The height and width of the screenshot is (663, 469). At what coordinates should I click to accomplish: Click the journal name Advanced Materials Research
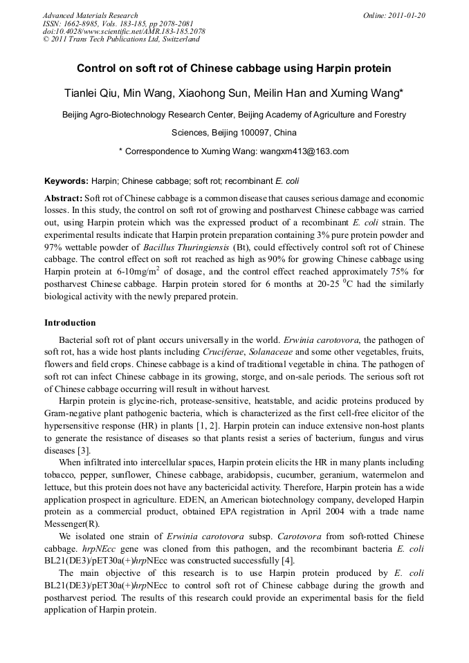coord(90,15)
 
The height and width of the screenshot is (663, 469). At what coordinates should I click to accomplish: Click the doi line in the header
coord(124,31)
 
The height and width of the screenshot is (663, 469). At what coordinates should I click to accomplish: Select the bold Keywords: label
coord(66,181)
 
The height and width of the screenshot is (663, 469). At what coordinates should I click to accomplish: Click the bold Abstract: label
coord(63,198)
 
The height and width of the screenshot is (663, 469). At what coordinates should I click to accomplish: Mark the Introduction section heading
coord(70,323)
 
